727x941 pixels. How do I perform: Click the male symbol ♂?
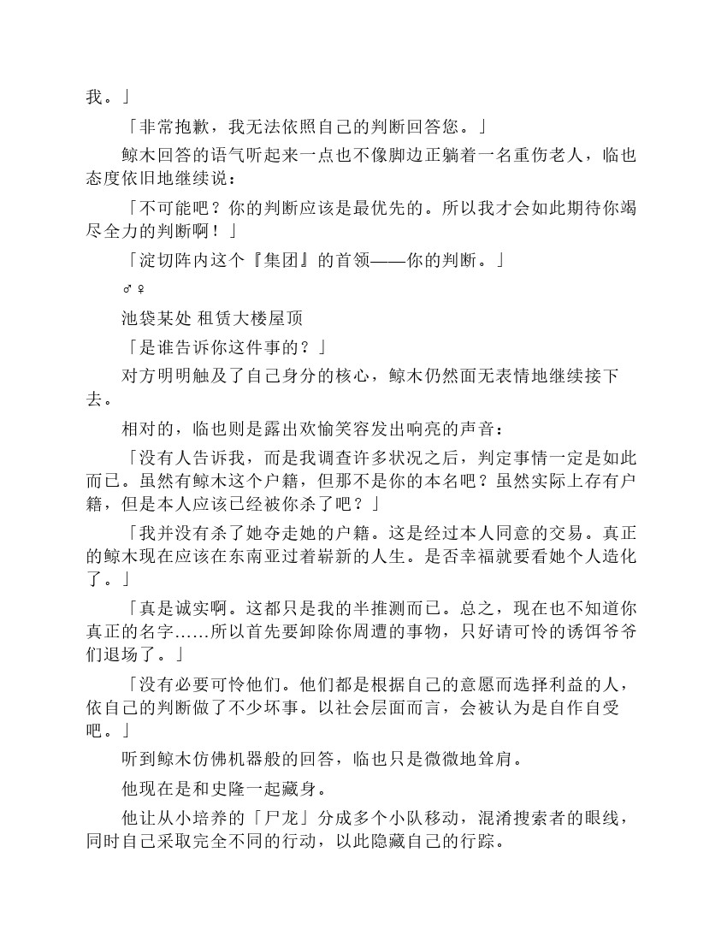(x=127, y=289)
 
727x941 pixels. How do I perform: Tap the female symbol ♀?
(x=140, y=289)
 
